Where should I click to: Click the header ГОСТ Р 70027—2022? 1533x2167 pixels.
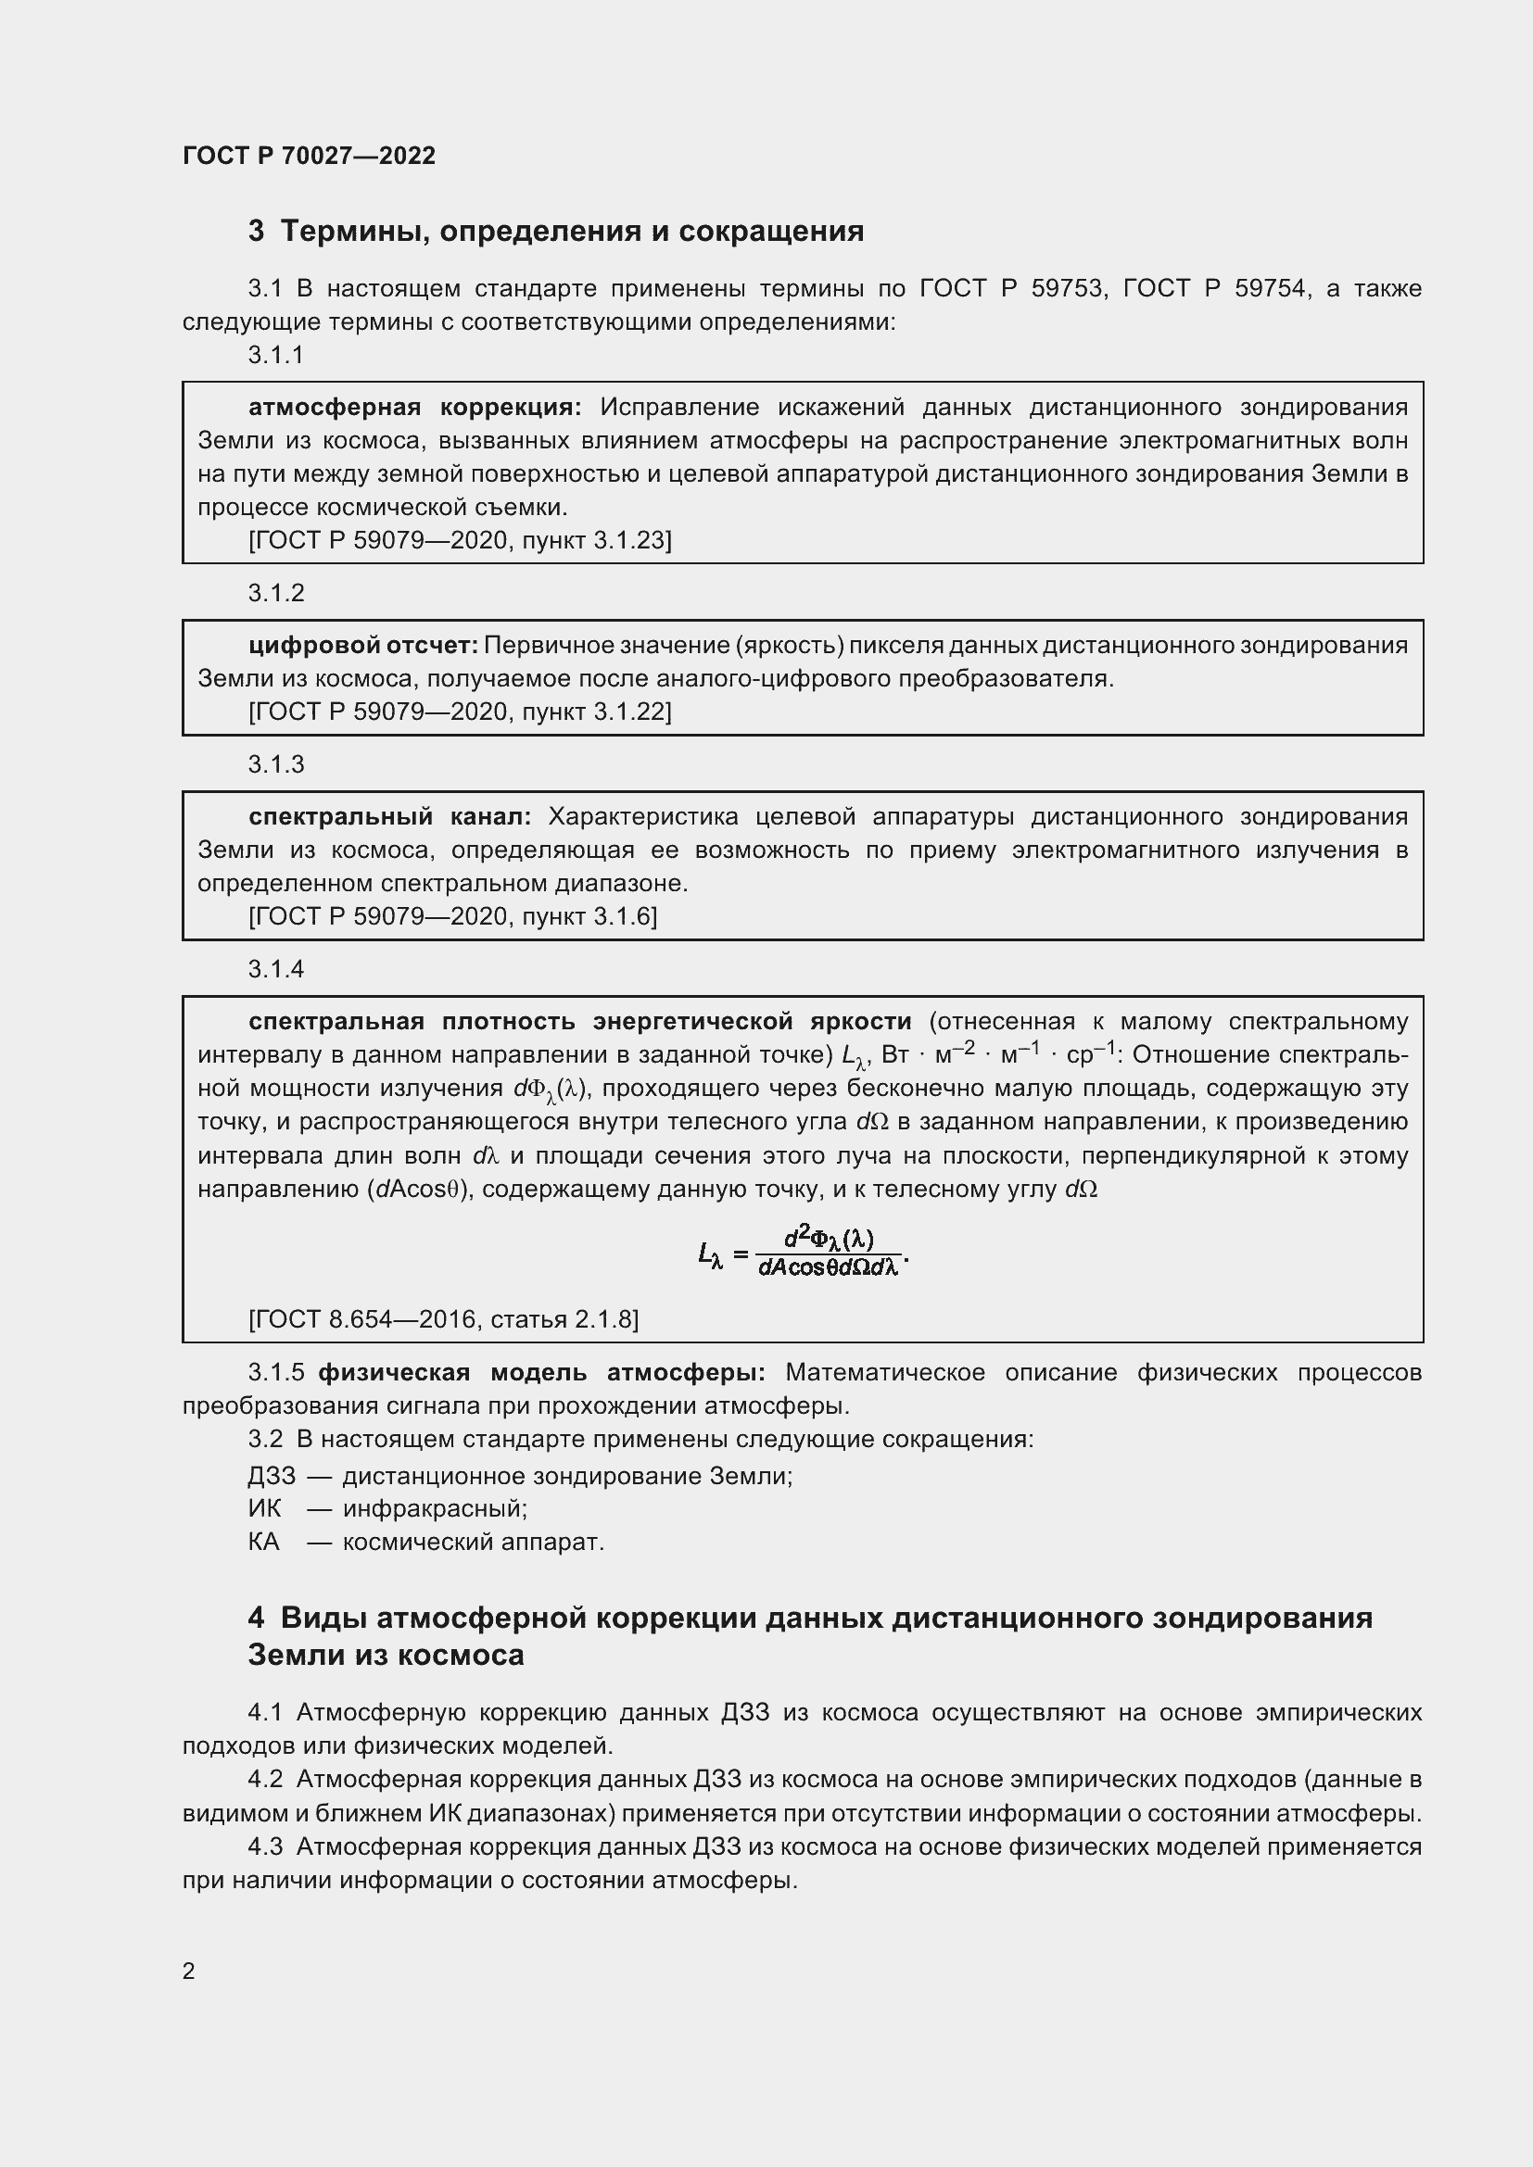[x=309, y=156]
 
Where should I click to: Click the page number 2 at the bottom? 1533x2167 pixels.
[x=189, y=1970]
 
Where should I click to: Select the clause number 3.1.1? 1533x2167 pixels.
[x=275, y=355]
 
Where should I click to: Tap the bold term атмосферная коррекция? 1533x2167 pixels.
[x=414, y=407]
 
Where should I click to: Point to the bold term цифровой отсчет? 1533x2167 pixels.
[x=363, y=645]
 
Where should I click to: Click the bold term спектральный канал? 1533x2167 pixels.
[x=389, y=815]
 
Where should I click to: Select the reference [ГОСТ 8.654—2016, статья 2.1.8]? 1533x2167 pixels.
[x=443, y=1318]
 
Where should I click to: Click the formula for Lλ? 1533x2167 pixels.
[x=803, y=1252]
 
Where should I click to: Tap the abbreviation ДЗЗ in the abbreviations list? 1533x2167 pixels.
[x=272, y=1475]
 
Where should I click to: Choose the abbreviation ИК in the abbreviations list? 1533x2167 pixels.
[x=264, y=1508]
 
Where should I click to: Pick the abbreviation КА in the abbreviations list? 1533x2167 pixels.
[x=264, y=1542]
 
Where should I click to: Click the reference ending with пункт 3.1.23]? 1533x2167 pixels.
[x=460, y=540]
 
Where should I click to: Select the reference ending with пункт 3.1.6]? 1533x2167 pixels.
[x=452, y=915]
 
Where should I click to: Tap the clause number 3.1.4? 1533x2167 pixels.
[x=275, y=969]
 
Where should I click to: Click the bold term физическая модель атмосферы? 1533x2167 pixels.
[x=541, y=1371]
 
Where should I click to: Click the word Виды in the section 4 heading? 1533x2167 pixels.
[x=323, y=1618]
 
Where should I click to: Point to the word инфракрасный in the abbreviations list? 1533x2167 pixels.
[x=433, y=1508]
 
